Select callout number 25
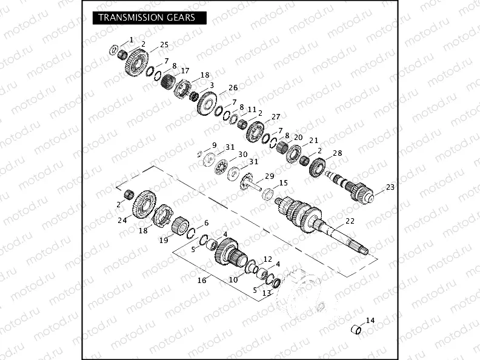point(164,45)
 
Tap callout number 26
point(216,88)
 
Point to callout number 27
point(276,116)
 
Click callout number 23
point(390,187)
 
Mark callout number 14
point(371,320)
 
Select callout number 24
point(122,221)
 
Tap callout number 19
point(164,240)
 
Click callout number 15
point(283,182)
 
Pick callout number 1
point(132,39)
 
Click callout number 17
point(185,70)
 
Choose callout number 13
point(266,293)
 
